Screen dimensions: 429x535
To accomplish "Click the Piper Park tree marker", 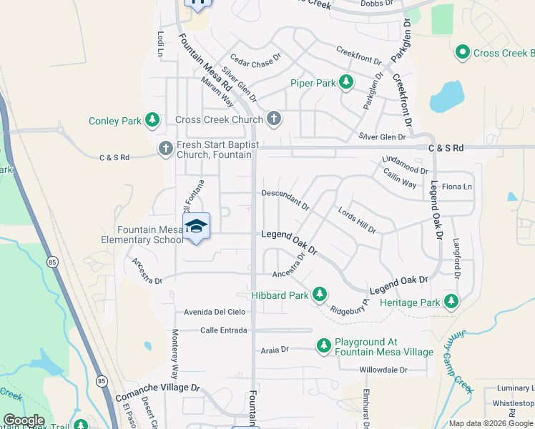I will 346,83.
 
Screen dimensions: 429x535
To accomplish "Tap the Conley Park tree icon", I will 152,121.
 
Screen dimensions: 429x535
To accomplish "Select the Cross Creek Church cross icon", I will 274,119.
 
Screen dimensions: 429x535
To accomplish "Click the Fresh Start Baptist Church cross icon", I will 165,149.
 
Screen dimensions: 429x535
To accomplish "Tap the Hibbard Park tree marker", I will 320,295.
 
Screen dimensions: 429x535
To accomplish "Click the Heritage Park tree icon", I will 451,302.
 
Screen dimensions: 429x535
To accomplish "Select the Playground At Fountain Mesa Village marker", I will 324,347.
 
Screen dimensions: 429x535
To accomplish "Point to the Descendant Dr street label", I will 285,197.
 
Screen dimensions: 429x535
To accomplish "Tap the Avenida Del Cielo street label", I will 215,312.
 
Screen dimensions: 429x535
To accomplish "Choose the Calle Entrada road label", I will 224,330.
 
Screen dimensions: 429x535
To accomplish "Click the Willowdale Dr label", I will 383,370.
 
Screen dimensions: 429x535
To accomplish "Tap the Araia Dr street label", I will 275,350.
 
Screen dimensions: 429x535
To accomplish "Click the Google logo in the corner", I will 24,420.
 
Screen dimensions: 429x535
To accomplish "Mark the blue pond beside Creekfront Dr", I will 446,97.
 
